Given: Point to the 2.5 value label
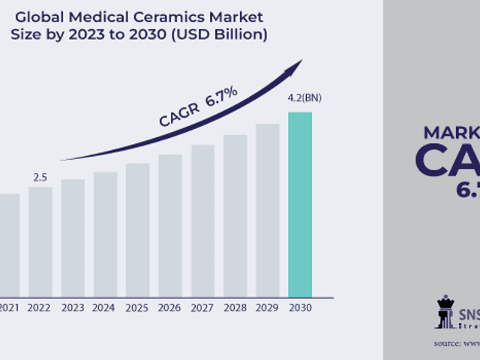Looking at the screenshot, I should click(x=40, y=178).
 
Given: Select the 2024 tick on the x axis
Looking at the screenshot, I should click(x=105, y=307).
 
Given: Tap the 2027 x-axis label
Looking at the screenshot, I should click(x=202, y=307).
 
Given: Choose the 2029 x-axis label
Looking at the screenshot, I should click(x=267, y=307).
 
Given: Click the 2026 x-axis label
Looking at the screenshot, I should click(x=169, y=307).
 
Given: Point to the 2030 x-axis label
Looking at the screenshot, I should click(x=300, y=307).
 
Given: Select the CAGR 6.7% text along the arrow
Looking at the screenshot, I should click(x=199, y=107).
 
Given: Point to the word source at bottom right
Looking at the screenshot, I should click(x=448, y=343).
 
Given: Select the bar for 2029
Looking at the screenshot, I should click(x=267, y=209).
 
